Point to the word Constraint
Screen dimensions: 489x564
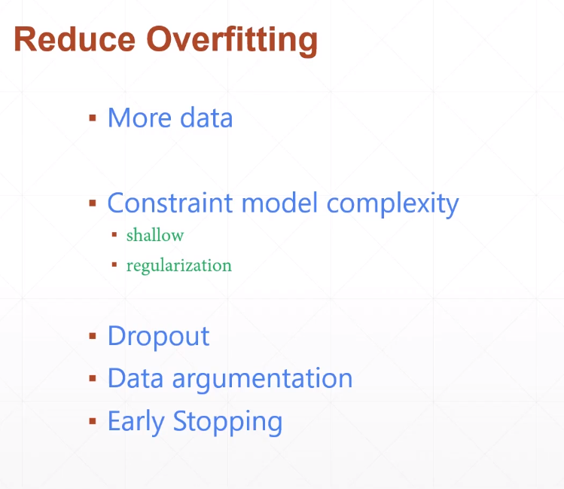[171, 203]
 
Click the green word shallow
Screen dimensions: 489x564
[155, 235]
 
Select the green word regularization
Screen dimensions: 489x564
[179, 266]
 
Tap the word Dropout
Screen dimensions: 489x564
[158, 336]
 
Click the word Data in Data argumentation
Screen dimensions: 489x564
[136, 377]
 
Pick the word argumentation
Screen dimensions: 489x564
[262, 379]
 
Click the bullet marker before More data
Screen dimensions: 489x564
[93, 118]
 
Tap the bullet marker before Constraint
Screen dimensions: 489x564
[93, 203]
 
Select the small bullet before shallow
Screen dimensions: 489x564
[114, 234]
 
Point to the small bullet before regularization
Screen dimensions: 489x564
[114, 264]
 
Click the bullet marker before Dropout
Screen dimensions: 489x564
[93, 335]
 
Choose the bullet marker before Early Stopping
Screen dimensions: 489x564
[93, 420]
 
